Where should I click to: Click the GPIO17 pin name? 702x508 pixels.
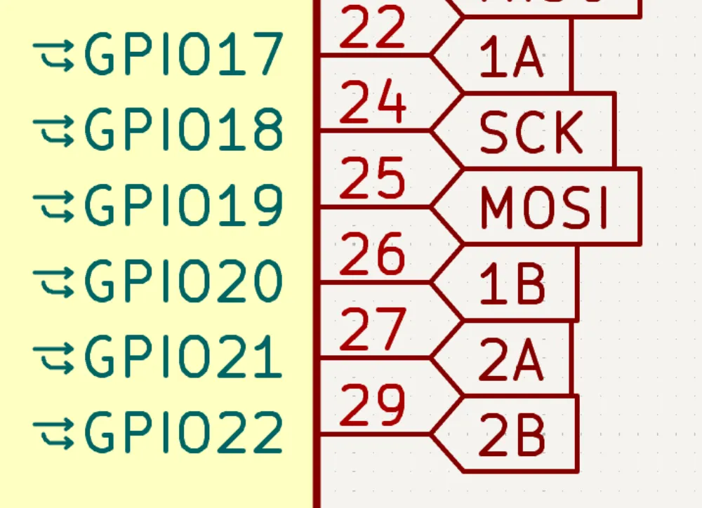click(x=184, y=54)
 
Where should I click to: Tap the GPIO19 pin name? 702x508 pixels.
click(x=184, y=206)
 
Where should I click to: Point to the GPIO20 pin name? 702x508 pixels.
click(x=184, y=281)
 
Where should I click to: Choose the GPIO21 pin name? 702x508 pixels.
click(x=184, y=357)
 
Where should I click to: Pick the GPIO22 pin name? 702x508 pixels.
click(x=184, y=433)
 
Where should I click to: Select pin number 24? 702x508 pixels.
click(x=373, y=103)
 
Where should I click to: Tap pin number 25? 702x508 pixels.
click(x=373, y=179)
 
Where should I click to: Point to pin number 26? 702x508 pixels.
click(x=373, y=255)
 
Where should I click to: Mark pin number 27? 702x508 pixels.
click(x=373, y=330)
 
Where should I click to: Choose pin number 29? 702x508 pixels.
click(x=373, y=406)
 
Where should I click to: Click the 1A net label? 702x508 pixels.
click(x=511, y=58)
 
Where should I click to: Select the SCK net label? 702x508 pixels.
click(x=531, y=133)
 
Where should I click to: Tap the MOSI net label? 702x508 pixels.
click(x=544, y=208)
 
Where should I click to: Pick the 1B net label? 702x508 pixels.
click(x=512, y=285)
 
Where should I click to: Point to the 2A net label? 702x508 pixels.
click(x=511, y=361)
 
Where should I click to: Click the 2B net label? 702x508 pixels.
click(x=512, y=436)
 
